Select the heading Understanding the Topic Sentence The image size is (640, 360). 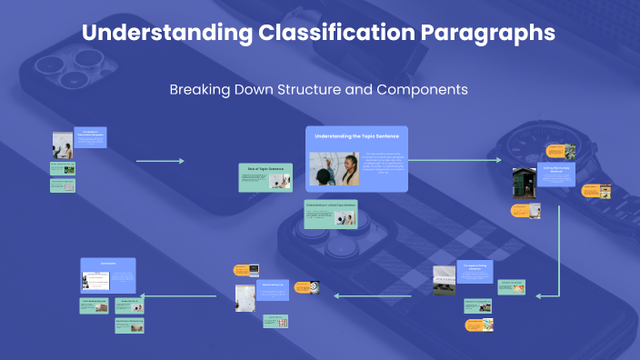356,135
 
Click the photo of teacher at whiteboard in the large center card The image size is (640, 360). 334,169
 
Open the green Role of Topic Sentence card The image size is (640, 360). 265,177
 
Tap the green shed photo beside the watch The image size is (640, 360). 524,182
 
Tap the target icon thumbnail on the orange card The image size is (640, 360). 312,285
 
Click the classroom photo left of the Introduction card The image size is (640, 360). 62,145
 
